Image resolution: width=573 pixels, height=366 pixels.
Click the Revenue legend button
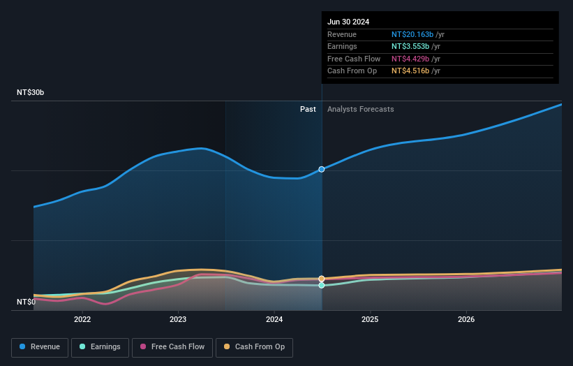tap(40, 347)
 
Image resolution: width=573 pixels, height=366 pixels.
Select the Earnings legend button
tap(101, 347)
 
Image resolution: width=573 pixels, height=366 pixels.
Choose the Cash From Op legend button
tap(254, 347)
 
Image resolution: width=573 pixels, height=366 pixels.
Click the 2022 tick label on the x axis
tap(82, 319)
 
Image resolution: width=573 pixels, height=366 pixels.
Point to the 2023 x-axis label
tap(178, 319)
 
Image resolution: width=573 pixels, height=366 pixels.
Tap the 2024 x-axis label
tap(274, 319)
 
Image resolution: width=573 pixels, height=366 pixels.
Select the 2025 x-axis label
tap(370, 319)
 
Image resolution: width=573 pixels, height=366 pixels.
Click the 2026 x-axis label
tap(466, 319)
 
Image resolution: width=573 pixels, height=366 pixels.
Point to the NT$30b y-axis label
tap(31, 92)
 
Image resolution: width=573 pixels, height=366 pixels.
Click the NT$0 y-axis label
tap(26, 302)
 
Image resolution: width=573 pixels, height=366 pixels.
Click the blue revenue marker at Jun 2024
tap(322, 169)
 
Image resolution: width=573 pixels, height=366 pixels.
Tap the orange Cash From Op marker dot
tap(322, 279)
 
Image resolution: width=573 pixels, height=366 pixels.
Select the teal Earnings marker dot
tap(322, 285)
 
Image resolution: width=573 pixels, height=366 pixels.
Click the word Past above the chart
tap(308, 109)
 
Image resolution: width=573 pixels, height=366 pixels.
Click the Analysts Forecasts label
tap(360, 109)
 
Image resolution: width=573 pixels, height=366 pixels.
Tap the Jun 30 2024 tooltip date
tap(348, 22)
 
